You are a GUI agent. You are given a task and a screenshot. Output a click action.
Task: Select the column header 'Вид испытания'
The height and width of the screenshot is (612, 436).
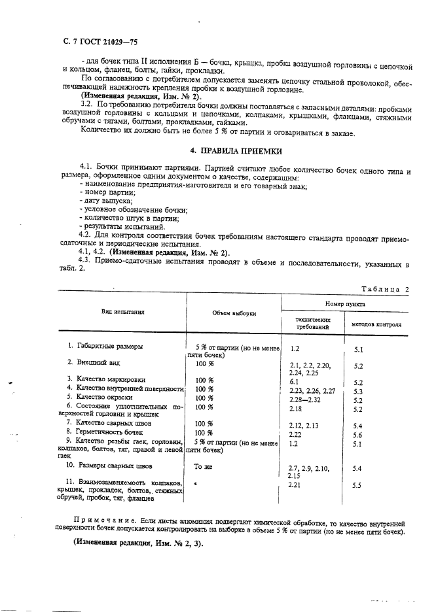point(122,312)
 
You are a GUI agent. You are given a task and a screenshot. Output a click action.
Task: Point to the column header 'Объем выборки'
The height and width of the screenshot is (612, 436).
point(234,313)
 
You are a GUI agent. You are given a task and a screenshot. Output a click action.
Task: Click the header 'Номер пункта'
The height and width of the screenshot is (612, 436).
point(345,304)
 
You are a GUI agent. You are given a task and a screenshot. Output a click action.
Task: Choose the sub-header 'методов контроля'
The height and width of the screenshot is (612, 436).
point(376,324)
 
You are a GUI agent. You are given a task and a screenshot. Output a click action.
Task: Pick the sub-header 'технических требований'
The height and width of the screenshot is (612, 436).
point(313,323)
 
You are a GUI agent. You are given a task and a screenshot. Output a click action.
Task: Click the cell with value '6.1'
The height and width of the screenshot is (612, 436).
point(294,381)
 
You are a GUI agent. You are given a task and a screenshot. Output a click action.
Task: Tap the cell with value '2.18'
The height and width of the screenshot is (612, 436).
point(296,408)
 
